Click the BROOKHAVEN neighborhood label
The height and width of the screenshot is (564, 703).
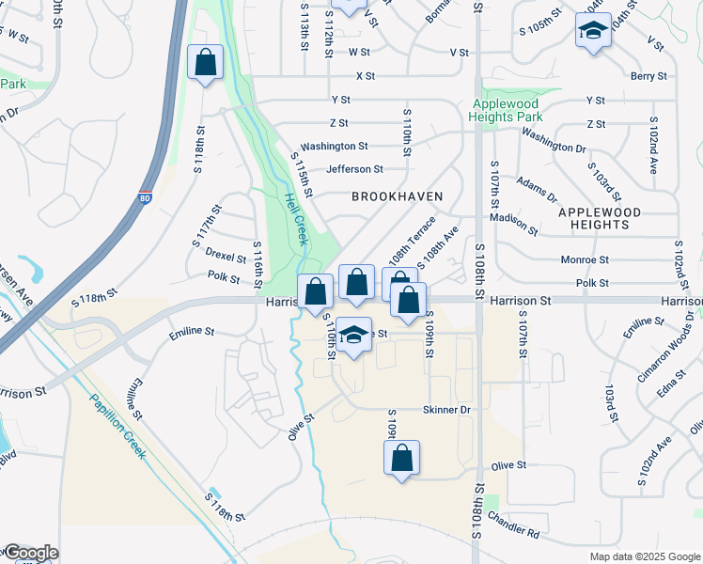tap(397, 196)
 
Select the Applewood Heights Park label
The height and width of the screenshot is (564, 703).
tap(507, 110)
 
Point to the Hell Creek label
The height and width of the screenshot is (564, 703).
tap(296, 219)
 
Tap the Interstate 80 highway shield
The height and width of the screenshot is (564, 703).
tap(144, 198)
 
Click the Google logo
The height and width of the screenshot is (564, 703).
tap(30, 553)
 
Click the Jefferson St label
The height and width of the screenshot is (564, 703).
tap(354, 169)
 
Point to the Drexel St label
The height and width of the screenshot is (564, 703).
tap(226, 254)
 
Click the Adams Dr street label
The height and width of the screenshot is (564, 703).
tap(537, 189)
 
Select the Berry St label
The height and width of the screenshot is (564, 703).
tap(648, 76)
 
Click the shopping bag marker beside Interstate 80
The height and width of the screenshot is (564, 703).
tap(206, 64)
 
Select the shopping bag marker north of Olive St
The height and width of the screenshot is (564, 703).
tap(401, 459)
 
